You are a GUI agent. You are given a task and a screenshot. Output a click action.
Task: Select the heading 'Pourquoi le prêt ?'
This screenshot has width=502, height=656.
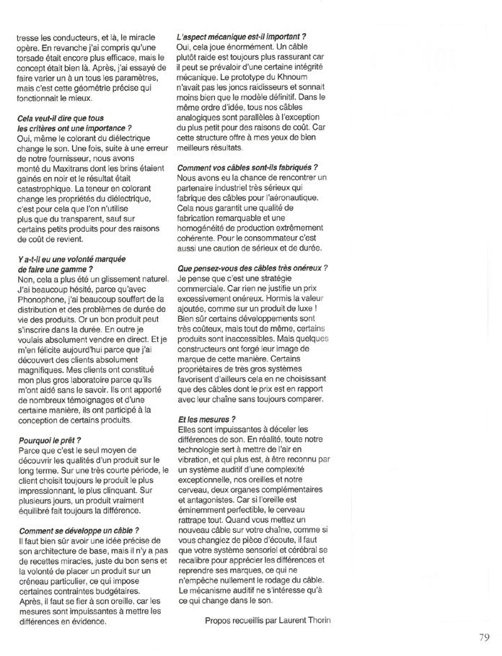tap(49, 439)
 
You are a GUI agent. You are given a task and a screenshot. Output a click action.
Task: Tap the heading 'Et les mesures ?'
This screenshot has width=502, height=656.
tap(206, 418)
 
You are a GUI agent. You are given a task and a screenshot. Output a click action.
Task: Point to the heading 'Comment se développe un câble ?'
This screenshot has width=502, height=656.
tap(78, 531)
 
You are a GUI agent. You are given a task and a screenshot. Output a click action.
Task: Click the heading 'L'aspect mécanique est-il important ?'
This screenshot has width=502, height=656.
tap(242, 36)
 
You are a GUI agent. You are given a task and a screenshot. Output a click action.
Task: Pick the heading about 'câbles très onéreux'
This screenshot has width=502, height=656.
tap(252, 268)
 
